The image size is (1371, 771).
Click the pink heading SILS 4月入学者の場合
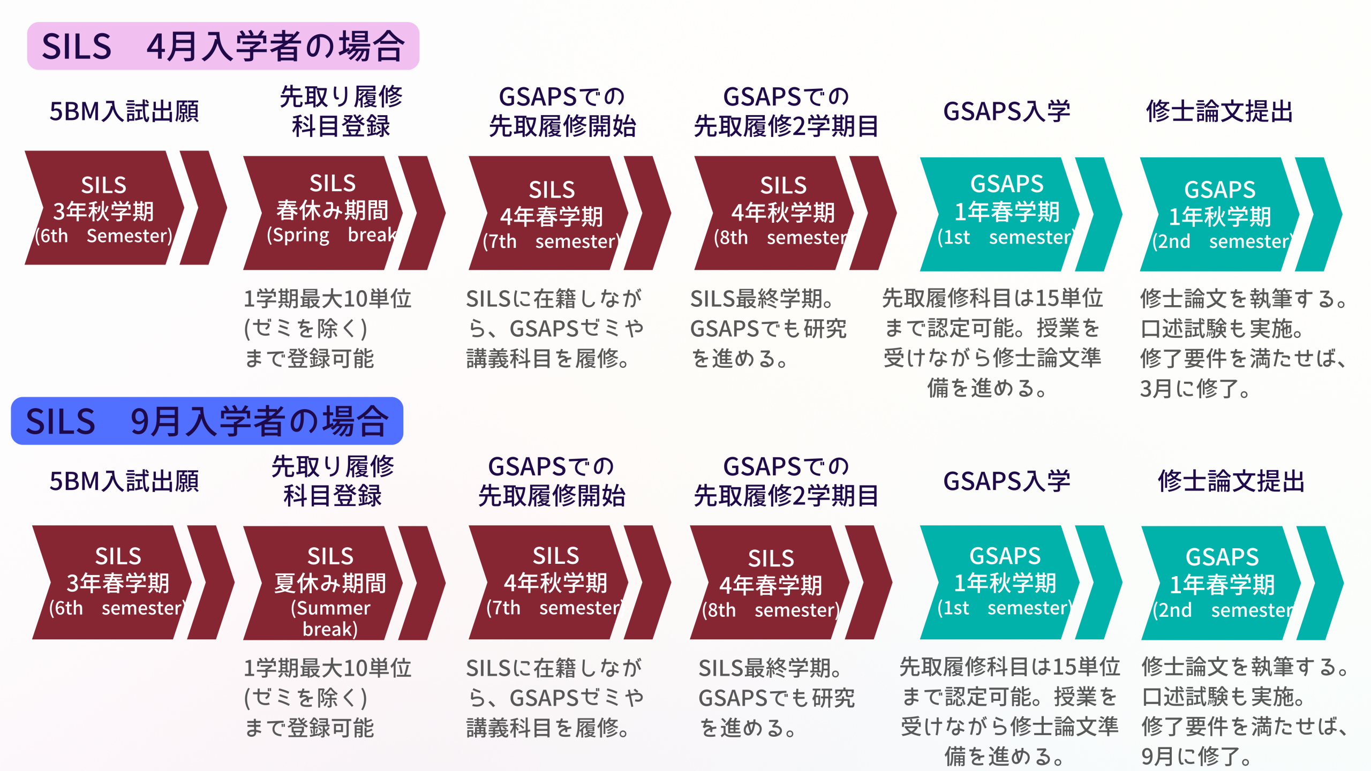pyautogui.click(x=223, y=46)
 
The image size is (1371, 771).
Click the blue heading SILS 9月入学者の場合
pyautogui.click(x=207, y=421)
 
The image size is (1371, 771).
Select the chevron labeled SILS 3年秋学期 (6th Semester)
pyautogui.click(x=104, y=209)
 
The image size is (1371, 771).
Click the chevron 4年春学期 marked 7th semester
pyautogui.click(x=552, y=214)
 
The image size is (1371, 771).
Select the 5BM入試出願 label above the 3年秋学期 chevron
pyautogui.click(x=124, y=111)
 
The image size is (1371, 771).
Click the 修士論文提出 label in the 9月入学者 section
pyautogui.click(x=1231, y=481)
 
